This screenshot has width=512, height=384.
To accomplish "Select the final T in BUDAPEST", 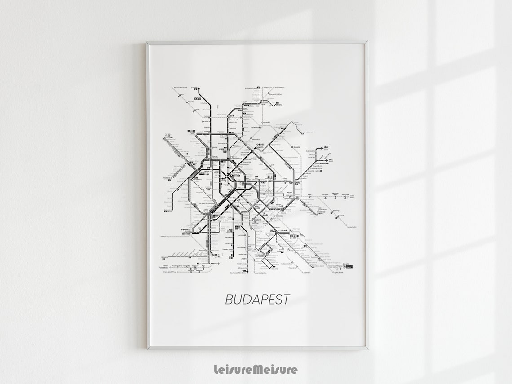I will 286,300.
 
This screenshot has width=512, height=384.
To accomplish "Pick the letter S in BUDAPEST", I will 278,300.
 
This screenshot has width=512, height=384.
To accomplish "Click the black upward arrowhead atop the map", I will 199,88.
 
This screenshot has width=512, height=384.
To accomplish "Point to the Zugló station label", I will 296,147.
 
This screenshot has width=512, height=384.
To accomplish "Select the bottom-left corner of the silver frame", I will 147,349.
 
